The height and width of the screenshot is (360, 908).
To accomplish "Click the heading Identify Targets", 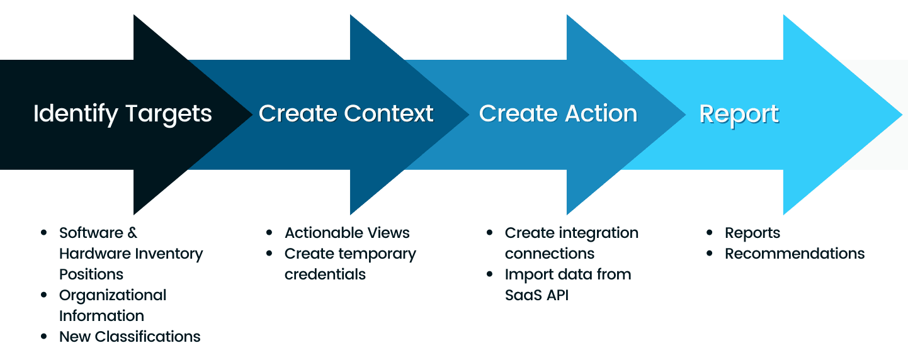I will [x=122, y=114].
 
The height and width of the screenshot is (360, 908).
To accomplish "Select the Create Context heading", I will [x=346, y=114].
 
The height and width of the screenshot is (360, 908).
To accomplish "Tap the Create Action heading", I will [x=558, y=114].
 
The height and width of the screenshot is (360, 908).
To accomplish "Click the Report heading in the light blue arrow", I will [x=739, y=115].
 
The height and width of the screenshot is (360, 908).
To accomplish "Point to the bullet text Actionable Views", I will [x=347, y=233].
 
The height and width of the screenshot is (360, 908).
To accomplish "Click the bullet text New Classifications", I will [x=130, y=337].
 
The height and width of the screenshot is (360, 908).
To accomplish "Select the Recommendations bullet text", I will [x=795, y=254].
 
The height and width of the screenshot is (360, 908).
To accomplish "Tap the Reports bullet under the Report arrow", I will [x=752, y=233].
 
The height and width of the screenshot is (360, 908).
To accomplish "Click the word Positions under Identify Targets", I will [x=91, y=274].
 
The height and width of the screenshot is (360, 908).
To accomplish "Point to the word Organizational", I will [x=113, y=295].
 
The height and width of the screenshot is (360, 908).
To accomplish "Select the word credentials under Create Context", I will [x=325, y=274].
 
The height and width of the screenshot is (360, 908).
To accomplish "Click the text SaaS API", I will [x=536, y=295].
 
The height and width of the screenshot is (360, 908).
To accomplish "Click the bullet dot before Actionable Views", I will [x=270, y=233].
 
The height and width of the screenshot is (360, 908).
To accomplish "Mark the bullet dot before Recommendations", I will [x=710, y=254].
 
